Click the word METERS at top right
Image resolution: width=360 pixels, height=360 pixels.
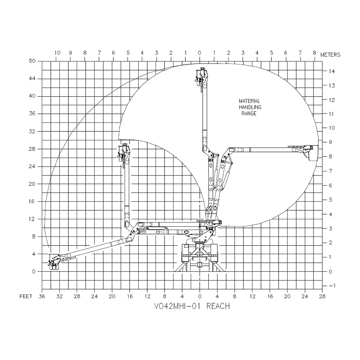point(330,55)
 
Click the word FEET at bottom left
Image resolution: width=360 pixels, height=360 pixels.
point(26,297)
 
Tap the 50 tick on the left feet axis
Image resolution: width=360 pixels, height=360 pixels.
point(32,61)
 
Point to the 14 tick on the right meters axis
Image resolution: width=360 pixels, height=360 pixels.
point(332,71)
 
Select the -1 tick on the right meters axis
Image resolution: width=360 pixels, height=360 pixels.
point(332,285)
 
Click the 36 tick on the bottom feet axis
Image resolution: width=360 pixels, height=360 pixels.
point(42,297)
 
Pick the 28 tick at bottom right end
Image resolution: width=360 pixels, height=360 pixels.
point(322,297)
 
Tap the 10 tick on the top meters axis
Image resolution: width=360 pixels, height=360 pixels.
point(57,53)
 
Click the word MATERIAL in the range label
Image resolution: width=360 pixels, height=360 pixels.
point(249,101)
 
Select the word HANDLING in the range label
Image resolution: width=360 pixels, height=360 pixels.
point(250,107)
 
